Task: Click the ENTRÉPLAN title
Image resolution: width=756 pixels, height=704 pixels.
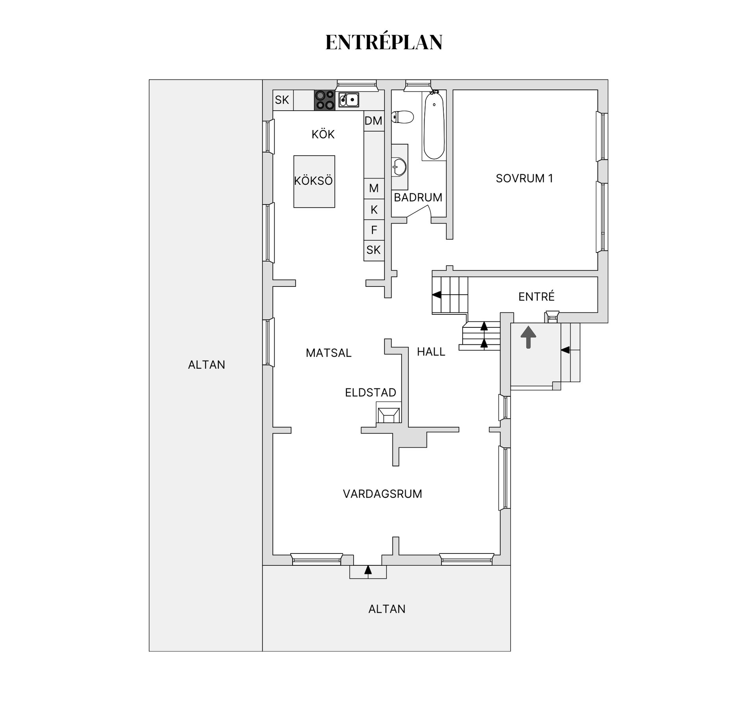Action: click(384, 42)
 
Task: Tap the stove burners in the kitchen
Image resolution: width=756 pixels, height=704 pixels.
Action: click(324, 100)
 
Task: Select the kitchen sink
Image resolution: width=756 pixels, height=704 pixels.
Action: click(348, 100)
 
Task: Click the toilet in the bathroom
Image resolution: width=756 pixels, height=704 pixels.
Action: click(402, 117)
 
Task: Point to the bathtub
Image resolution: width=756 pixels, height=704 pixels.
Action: click(434, 125)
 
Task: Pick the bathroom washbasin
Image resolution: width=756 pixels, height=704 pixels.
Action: click(399, 167)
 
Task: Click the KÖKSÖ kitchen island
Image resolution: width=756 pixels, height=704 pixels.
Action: click(314, 181)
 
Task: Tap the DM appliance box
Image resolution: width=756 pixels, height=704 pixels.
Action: click(374, 121)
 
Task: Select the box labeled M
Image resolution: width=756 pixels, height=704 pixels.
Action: click(374, 188)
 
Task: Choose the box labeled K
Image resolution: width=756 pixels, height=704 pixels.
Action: click(374, 209)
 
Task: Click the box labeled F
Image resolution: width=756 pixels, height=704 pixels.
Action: click(374, 230)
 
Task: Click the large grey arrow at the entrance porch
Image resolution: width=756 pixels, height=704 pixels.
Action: click(528, 337)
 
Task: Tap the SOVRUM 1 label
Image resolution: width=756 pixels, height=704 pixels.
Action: click(524, 178)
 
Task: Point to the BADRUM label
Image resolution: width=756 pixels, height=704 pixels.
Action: click(418, 197)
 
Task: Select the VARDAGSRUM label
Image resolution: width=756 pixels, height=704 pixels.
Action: click(382, 494)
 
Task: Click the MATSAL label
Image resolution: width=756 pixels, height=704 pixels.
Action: click(328, 353)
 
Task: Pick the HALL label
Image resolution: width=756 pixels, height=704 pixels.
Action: click(431, 352)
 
